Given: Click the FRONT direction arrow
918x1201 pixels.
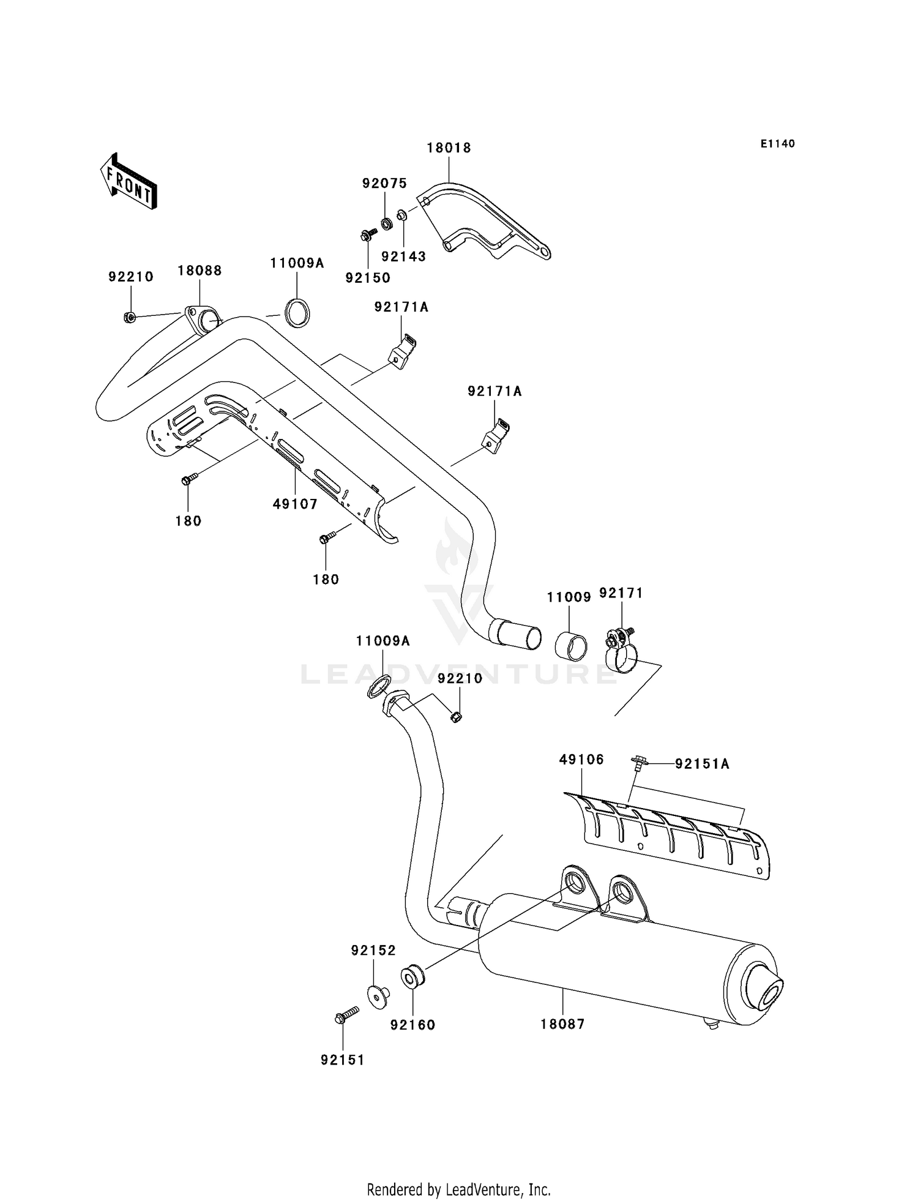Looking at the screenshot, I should coord(129,182).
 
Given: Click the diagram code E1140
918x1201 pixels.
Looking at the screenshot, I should coord(777,144).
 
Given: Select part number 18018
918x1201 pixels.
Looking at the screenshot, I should coord(449,148).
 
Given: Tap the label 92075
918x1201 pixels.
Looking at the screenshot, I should coord(384,184).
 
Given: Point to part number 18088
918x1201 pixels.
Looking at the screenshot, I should coord(200,271).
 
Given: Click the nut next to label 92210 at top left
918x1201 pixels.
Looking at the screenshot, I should coord(129,317).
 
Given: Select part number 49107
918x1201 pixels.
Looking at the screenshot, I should coord(295,504).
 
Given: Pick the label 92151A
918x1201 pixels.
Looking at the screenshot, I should coord(702,764).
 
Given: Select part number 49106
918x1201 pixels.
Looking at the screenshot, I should coord(581,760).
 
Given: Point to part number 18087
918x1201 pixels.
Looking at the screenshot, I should coord(562,1023).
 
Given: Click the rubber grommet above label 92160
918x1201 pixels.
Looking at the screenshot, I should coord(412,976).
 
